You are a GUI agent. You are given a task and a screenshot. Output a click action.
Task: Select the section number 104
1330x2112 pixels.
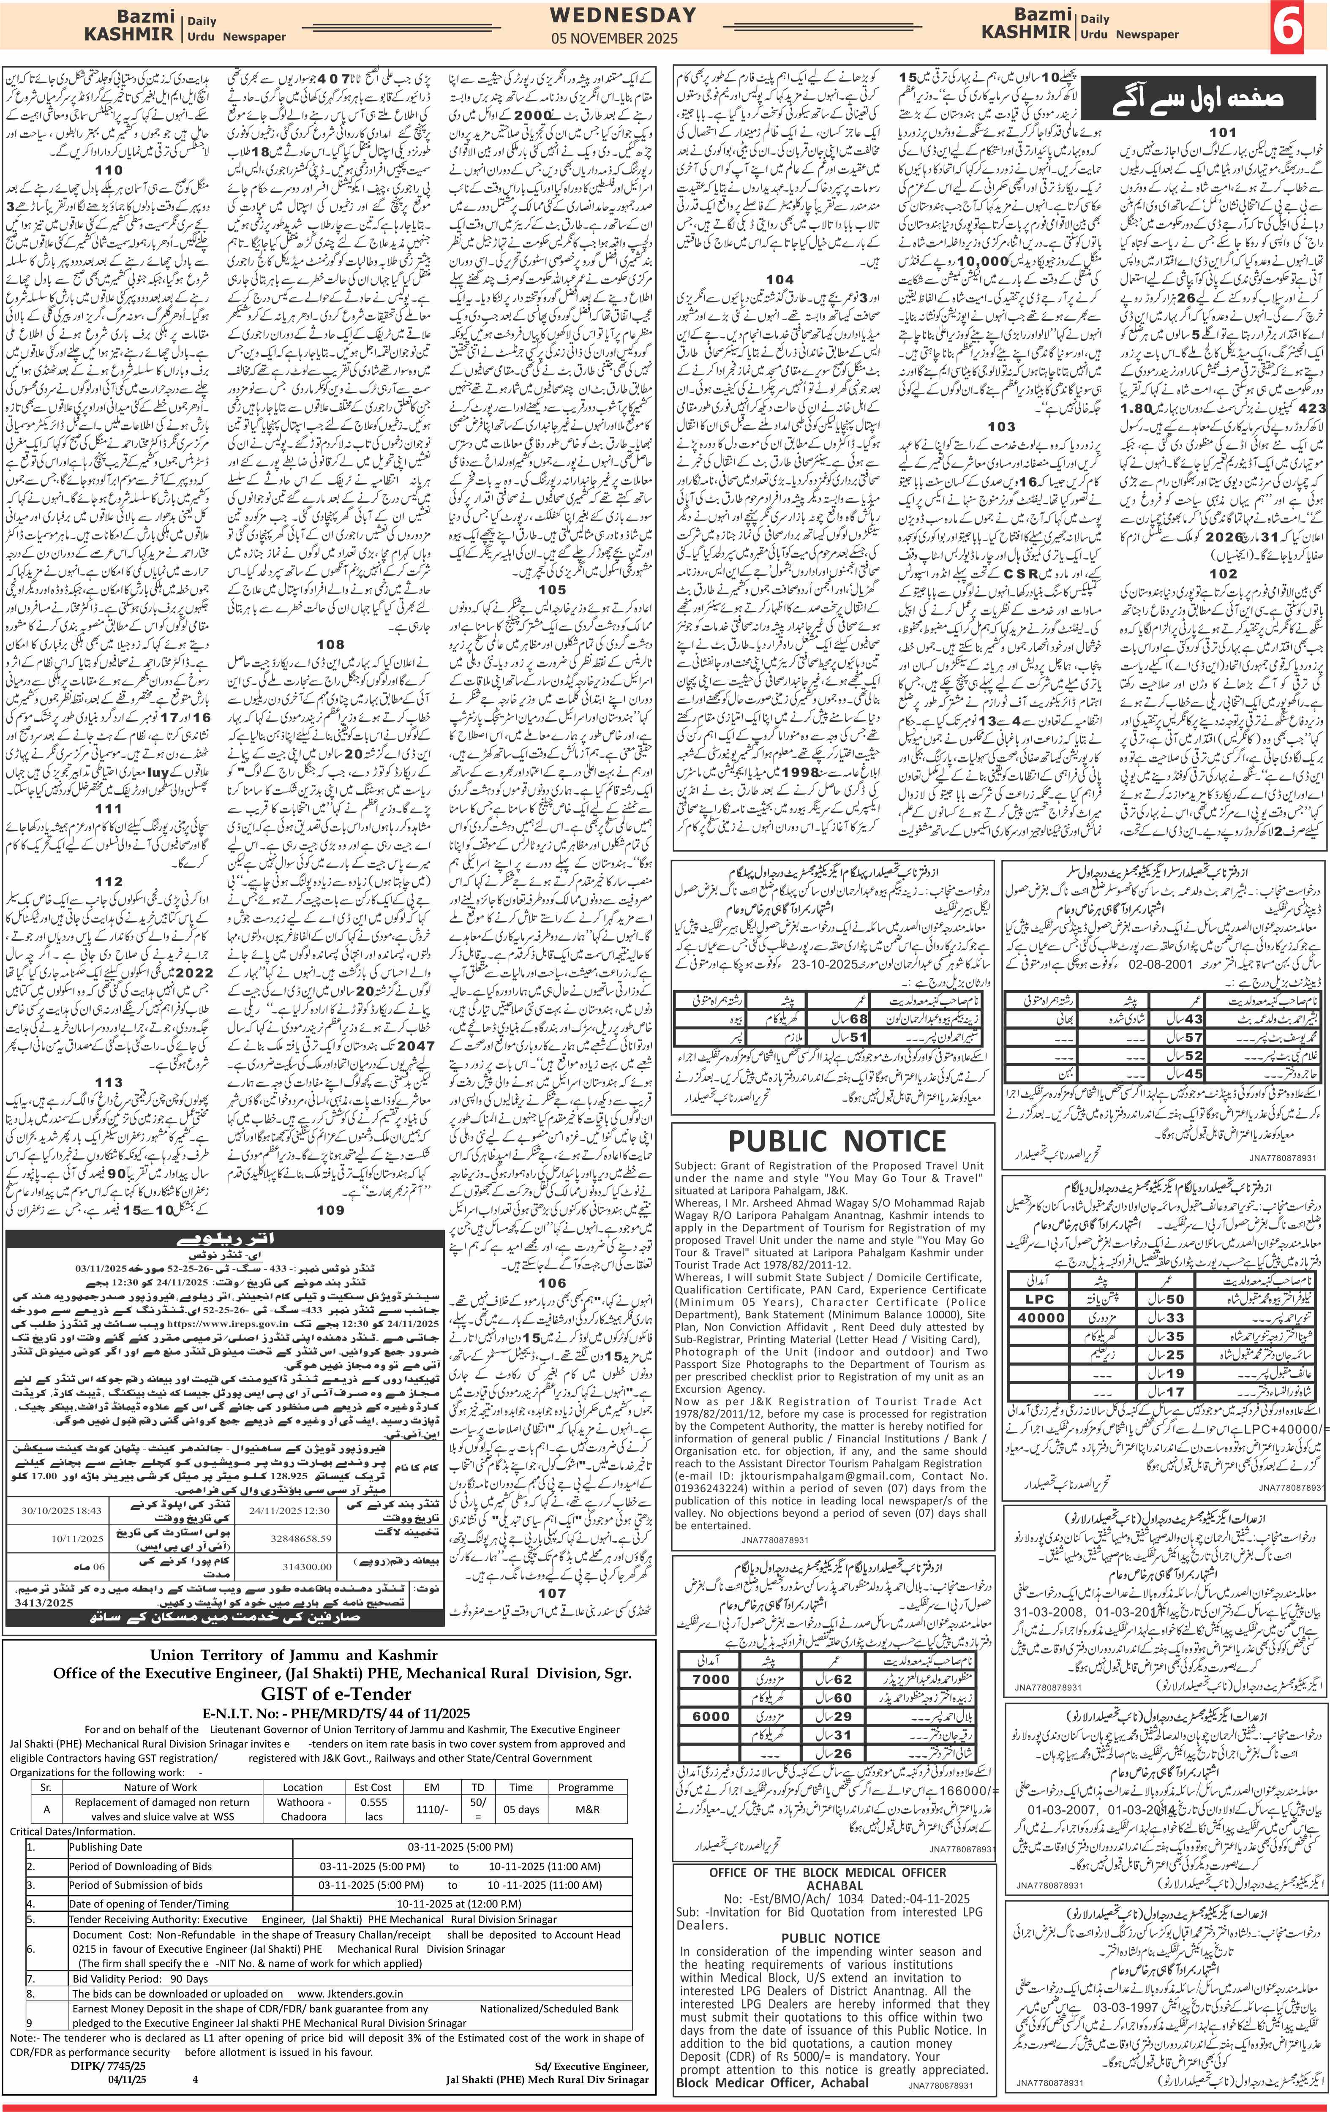(779, 279)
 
